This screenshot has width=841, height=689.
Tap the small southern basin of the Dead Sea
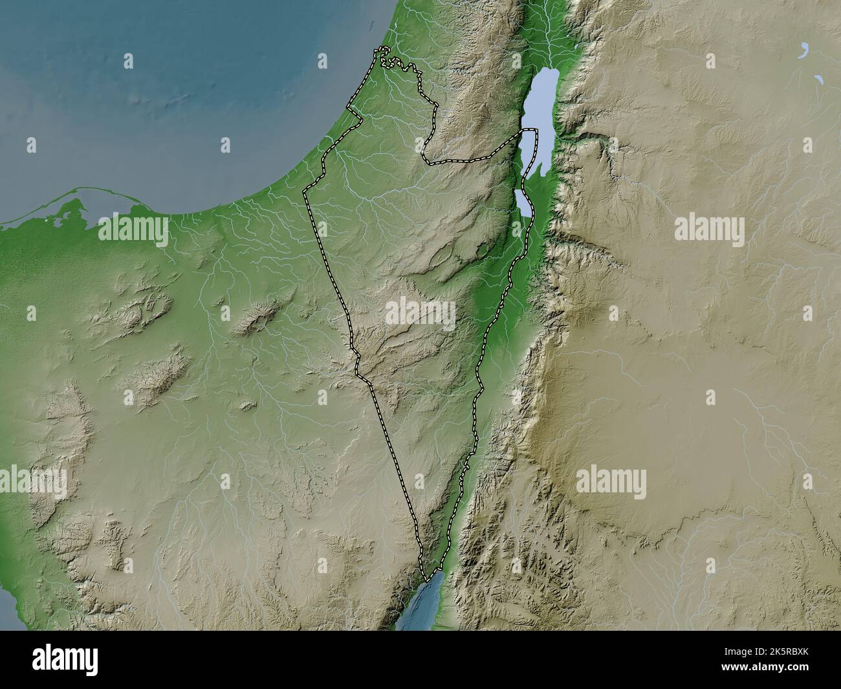[524, 202]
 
